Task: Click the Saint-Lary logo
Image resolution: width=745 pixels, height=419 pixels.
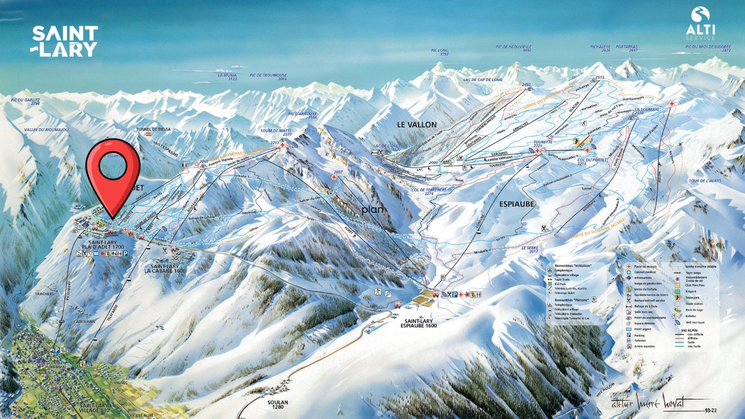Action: tap(65, 42)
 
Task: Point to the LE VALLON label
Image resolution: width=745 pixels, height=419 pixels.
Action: tap(417, 125)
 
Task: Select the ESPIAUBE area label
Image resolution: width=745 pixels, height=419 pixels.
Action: tap(517, 202)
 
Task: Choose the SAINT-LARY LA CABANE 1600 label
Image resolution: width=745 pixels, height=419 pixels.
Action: tap(165, 268)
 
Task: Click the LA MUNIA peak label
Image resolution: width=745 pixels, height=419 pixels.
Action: tap(227, 77)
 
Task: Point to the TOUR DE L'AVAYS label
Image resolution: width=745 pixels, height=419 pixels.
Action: tap(703, 182)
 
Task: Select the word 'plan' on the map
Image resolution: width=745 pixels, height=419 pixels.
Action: tap(374, 209)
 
